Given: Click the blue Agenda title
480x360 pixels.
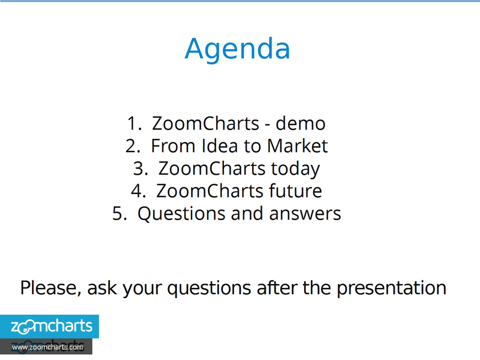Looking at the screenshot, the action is point(237,50).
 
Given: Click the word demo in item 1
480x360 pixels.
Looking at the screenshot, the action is point(300,123).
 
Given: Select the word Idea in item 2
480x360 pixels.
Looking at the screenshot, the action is point(220,146).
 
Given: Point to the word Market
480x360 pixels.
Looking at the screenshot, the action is point(298,146).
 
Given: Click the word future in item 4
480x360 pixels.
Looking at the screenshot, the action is point(295,191).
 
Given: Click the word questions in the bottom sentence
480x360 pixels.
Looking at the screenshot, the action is point(209,288).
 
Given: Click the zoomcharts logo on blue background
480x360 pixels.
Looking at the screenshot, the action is point(49,326).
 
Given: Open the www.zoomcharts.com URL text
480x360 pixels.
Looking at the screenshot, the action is point(48,347).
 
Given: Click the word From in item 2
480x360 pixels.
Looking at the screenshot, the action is point(173,146).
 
